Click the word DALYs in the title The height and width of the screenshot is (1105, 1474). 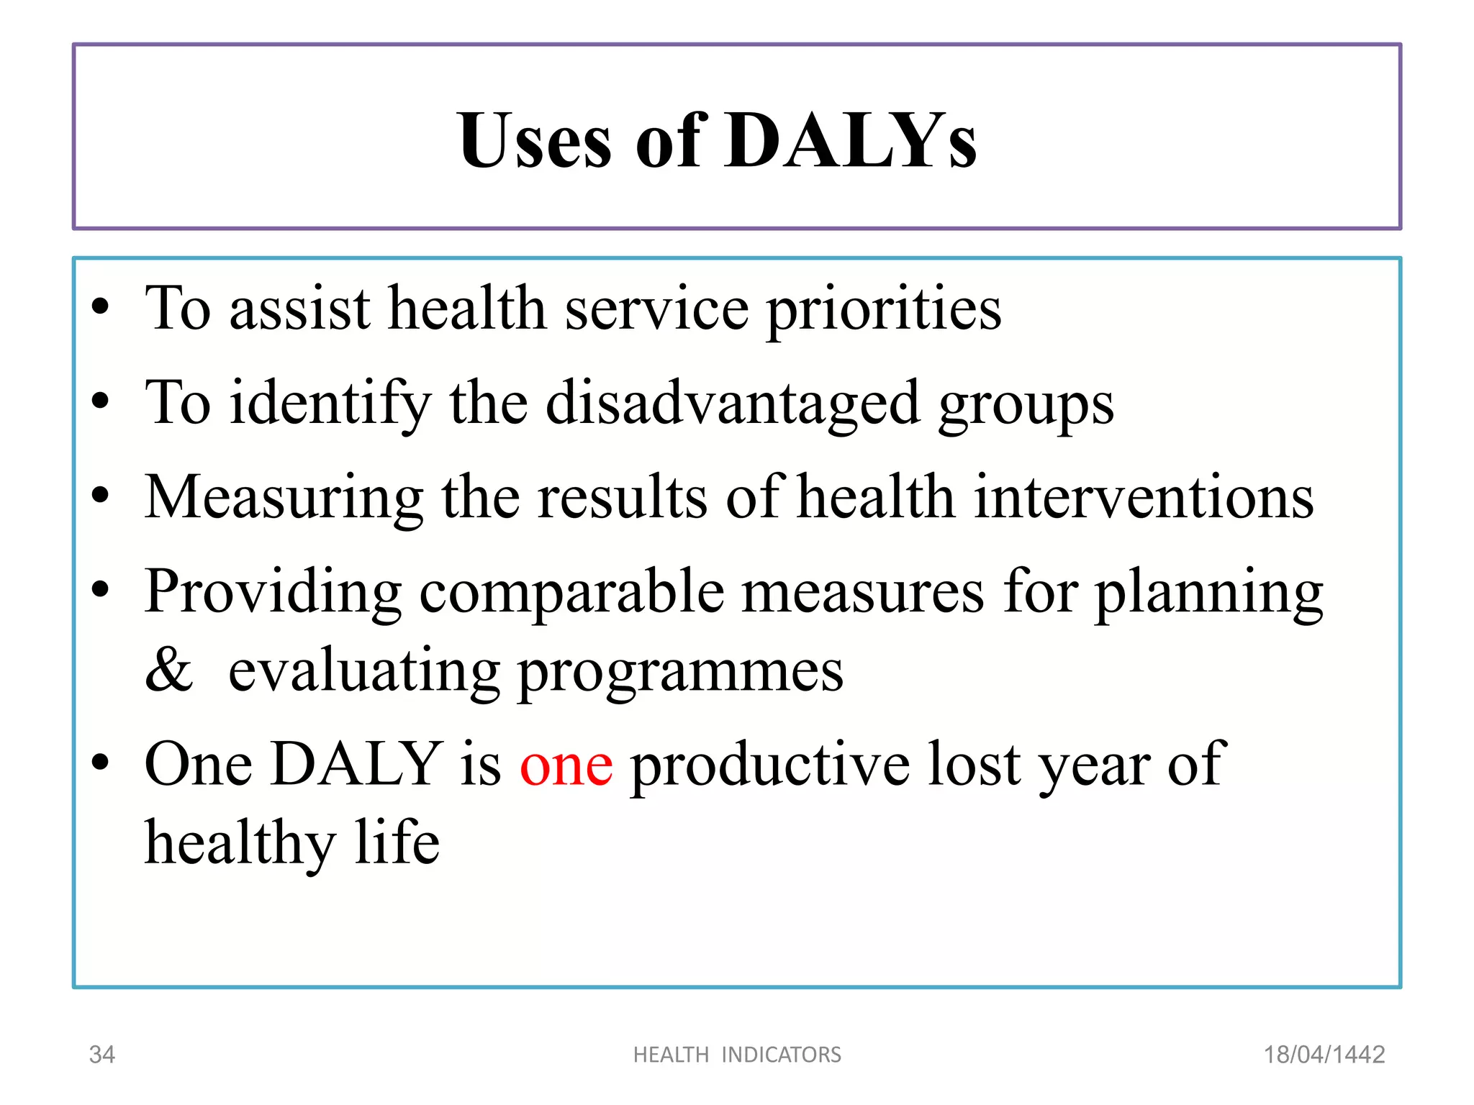click(851, 141)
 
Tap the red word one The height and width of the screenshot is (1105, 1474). click(566, 765)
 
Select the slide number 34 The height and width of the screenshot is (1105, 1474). click(101, 1055)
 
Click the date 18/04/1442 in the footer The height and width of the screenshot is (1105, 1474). click(1324, 1055)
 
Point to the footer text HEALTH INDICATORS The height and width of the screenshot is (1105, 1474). click(737, 1055)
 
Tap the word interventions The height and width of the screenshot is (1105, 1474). click(1144, 498)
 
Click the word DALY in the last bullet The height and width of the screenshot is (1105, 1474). click(357, 764)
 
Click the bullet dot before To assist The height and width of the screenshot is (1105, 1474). click(101, 308)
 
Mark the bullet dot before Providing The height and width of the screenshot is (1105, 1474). click(101, 590)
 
